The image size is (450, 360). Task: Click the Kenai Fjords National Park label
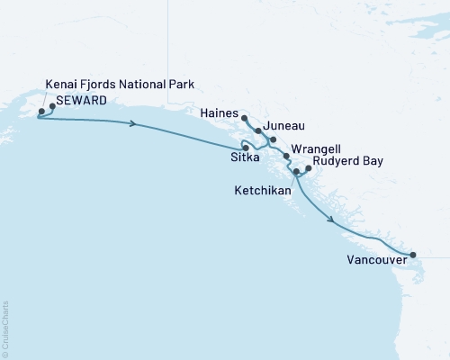tap(120, 85)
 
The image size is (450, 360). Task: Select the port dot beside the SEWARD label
tap(52, 106)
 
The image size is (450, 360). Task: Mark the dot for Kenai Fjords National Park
tap(40, 112)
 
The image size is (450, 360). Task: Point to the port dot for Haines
tap(245, 117)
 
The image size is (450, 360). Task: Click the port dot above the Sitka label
tap(244, 146)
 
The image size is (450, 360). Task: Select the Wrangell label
tap(314, 148)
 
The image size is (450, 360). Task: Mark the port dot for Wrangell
tap(286, 157)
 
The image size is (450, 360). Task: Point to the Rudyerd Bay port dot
tap(309, 167)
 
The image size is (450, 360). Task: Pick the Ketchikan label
tap(260, 191)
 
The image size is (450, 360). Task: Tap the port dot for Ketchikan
tap(296, 170)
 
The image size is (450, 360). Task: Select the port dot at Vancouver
tap(412, 255)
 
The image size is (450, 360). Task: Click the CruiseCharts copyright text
tap(5, 329)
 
